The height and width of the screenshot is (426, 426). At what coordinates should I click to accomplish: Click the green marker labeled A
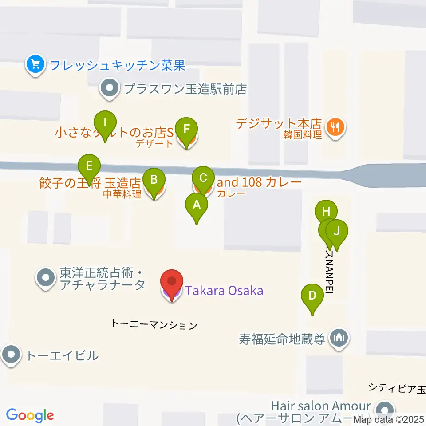click(196, 206)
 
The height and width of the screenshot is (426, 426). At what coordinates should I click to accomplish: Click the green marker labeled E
click(89, 167)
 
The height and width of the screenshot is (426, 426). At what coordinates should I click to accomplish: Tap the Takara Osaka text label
click(224, 291)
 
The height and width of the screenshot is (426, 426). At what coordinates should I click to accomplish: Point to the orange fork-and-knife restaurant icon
click(335, 128)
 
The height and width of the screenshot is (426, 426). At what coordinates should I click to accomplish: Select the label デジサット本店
click(279, 123)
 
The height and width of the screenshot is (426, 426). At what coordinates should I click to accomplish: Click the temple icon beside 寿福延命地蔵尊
click(339, 339)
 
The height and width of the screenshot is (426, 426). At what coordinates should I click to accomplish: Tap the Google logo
click(30, 415)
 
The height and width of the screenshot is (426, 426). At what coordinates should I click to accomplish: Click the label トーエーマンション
click(154, 325)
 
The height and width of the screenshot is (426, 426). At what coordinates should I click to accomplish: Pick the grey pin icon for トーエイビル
click(11, 355)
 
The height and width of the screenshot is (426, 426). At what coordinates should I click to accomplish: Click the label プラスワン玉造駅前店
click(185, 89)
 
